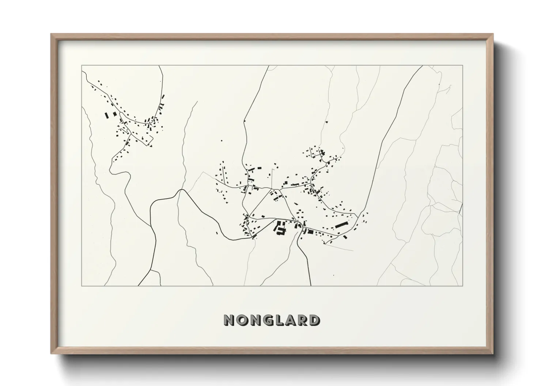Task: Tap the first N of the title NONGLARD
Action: point(229,320)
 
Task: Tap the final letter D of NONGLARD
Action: point(313,320)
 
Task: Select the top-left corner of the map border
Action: point(82,66)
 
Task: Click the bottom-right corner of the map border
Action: point(463,286)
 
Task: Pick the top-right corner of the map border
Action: point(463,66)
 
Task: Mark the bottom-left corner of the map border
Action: point(82,286)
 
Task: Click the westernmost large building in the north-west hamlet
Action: point(106,115)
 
